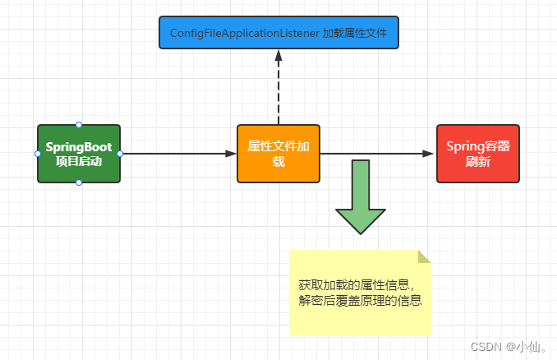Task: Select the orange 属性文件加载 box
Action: click(278, 154)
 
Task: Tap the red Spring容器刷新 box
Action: click(477, 154)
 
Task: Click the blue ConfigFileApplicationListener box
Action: click(278, 33)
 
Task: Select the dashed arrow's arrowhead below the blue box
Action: click(278, 56)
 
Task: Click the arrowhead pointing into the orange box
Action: click(231, 154)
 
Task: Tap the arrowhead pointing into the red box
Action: click(430, 154)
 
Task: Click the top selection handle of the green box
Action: click(79, 125)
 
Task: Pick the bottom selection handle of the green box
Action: click(79, 182)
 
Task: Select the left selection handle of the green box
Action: click(38, 154)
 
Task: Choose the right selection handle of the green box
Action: click(120, 154)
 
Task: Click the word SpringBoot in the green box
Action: click(79, 146)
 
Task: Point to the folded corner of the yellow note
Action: click(424, 256)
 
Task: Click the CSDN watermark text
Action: click(487, 347)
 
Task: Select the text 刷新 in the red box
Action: click(477, 162)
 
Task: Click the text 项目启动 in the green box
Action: click(79, 161)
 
